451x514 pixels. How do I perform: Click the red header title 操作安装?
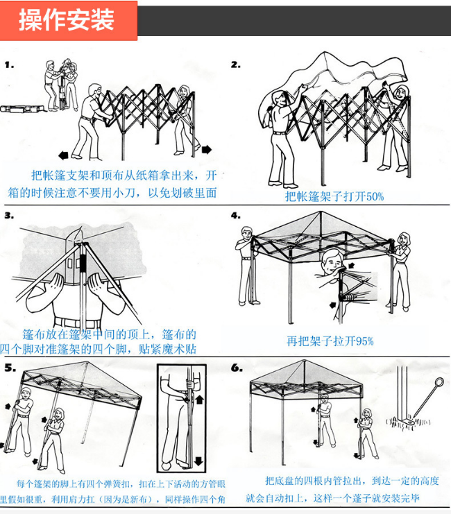[67, 20]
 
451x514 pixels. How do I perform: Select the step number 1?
[9, 65]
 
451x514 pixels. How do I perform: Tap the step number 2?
[236, 65]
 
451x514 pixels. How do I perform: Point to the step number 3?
[9, 215]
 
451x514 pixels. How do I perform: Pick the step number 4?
[236, 215]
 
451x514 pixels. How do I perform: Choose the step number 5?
[9, 368]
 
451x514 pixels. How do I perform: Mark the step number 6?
[237, 368]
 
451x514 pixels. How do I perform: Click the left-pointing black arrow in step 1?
[64, 154]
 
